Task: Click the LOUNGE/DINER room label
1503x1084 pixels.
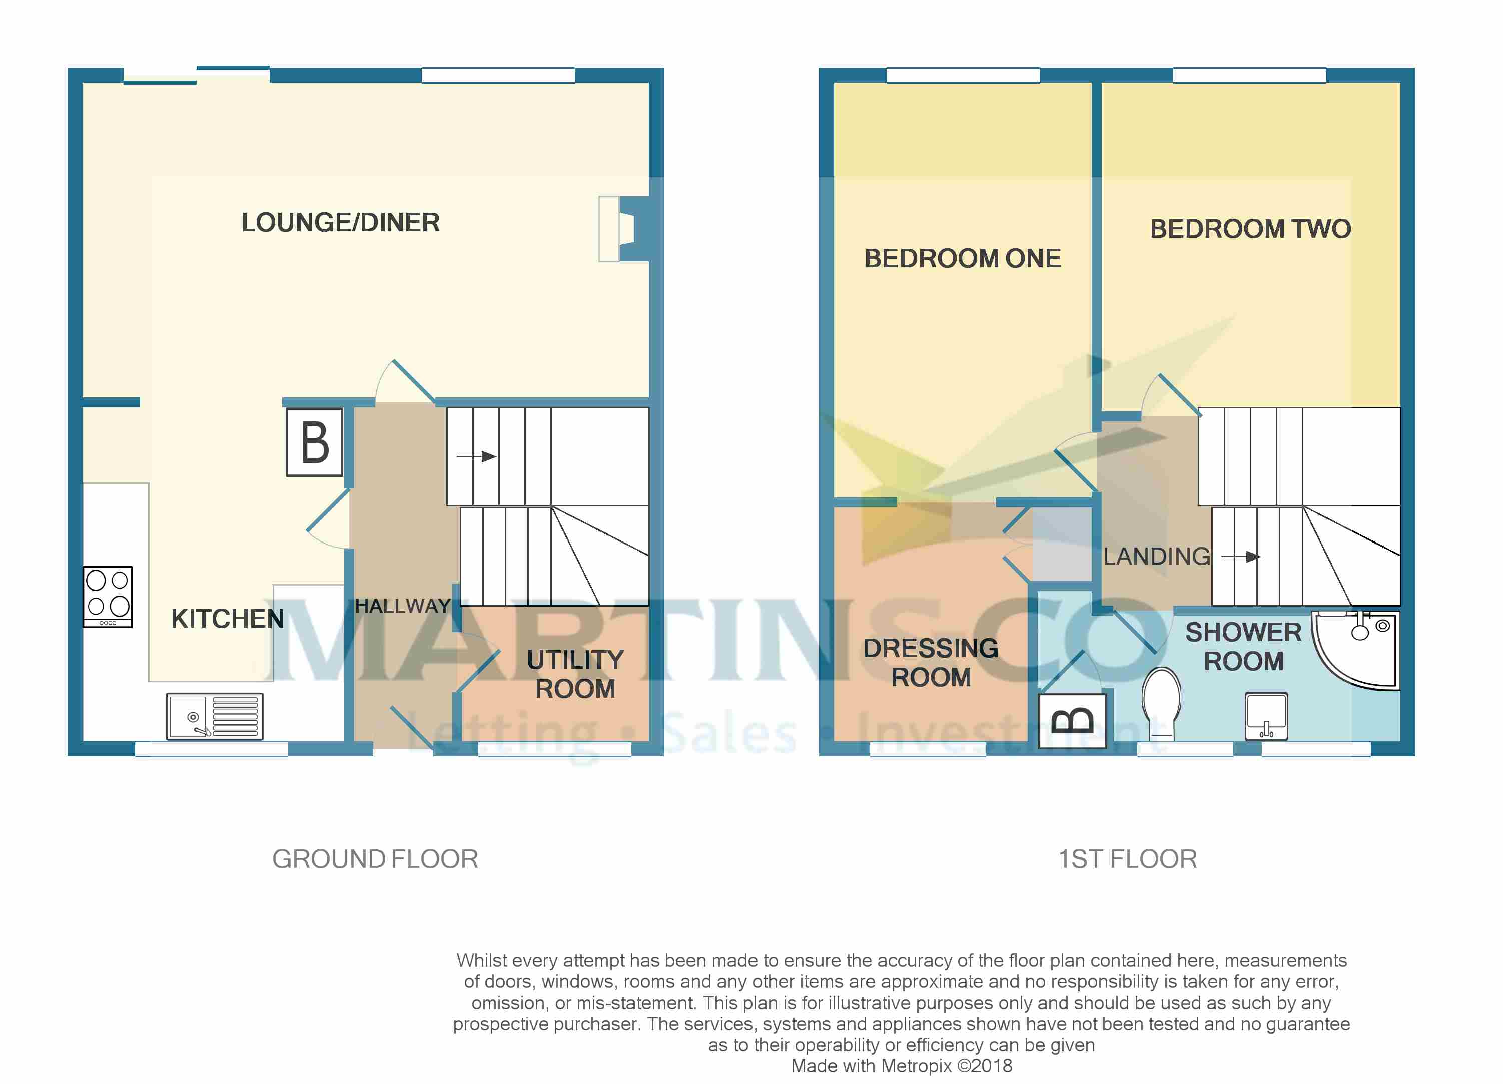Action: pos(341,223)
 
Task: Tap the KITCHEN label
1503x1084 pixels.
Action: pos(227,619)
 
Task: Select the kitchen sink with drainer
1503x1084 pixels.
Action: pos(215,717)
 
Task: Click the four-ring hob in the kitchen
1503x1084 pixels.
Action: pos(108,597)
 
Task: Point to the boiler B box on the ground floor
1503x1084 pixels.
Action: pos(315,442)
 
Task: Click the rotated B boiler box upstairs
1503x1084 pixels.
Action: pos(1072,721)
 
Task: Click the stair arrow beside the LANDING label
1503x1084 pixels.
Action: pos(1240,557)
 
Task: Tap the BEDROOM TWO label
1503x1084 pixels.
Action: pos(1250,229)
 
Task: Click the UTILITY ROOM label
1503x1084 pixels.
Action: pos(575,674)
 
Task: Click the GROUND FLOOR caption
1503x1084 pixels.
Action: pos(375,859)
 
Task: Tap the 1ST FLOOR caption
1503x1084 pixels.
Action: pos(1128,859)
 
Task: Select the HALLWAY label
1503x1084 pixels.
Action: pos(403,606)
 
